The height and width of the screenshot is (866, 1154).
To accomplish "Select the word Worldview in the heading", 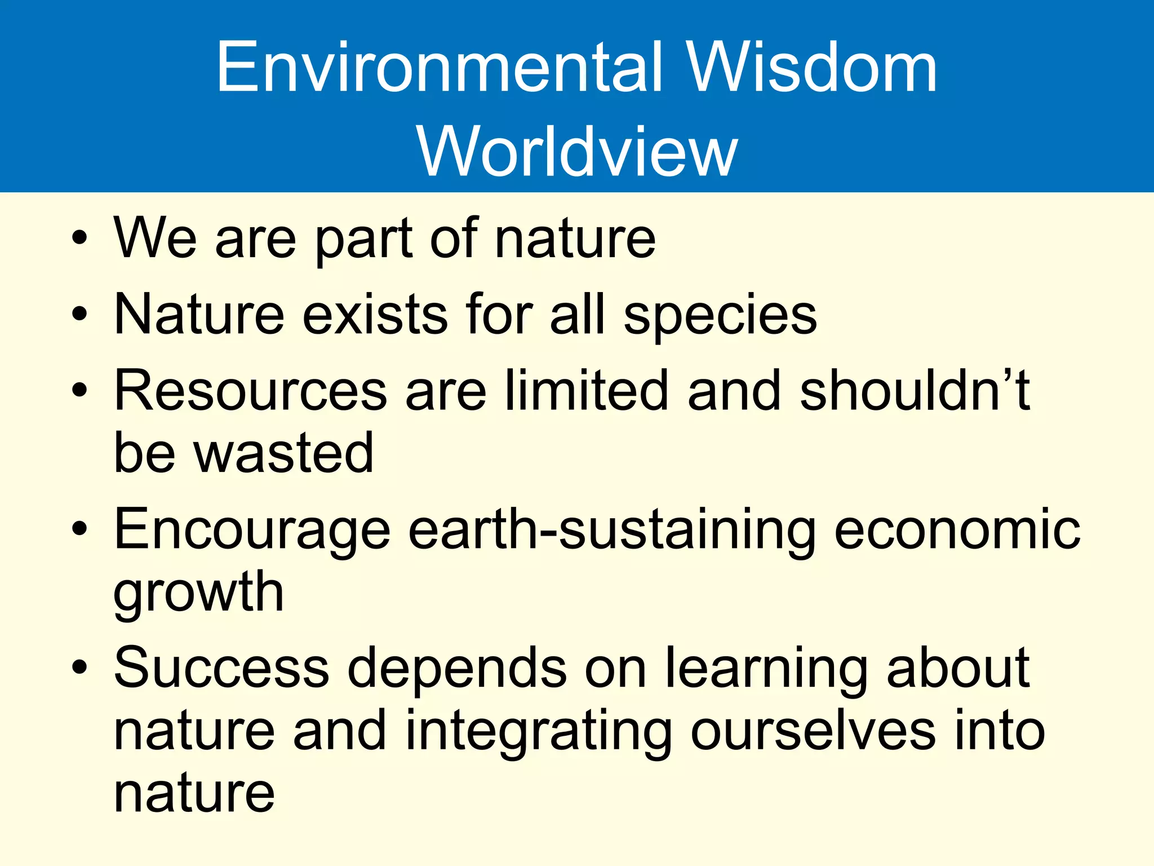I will (577, 151).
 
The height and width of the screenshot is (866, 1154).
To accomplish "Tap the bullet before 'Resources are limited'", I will (79, 390).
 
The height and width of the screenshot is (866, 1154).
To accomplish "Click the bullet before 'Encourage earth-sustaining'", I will (79, 529).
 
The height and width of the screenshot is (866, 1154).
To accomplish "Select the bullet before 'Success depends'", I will (79, 668).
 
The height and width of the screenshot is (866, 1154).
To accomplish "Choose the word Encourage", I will (252, 530).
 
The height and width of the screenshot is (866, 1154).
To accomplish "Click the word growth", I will (198, 593).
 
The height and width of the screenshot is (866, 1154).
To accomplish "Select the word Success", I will (221, 668).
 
